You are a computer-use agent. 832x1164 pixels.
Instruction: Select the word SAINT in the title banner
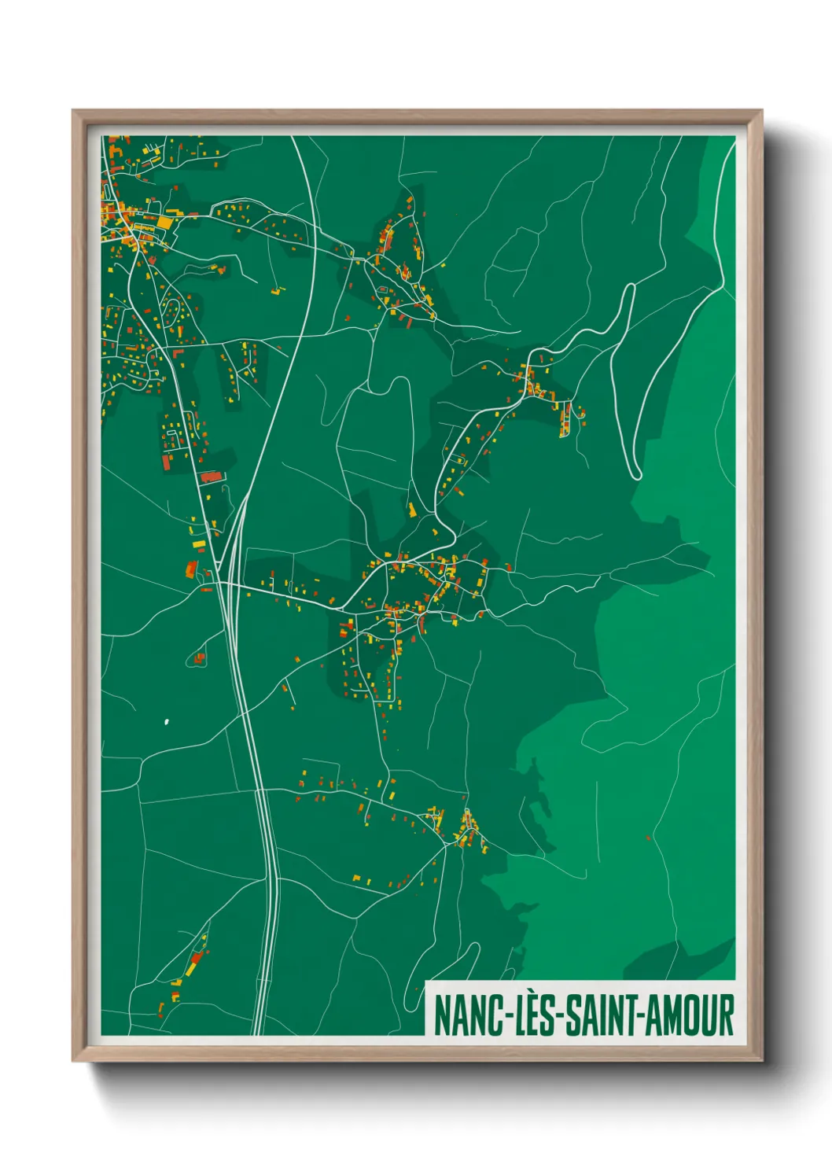point(602,1015)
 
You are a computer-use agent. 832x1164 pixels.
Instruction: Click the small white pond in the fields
point(166,720)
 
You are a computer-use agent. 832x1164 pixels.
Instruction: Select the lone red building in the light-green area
point(648,838)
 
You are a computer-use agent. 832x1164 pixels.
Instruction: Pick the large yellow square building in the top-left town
point(164,223)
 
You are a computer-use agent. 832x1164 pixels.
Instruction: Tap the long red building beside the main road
point(211,476)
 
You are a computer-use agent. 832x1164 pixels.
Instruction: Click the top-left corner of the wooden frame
point(74,112)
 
